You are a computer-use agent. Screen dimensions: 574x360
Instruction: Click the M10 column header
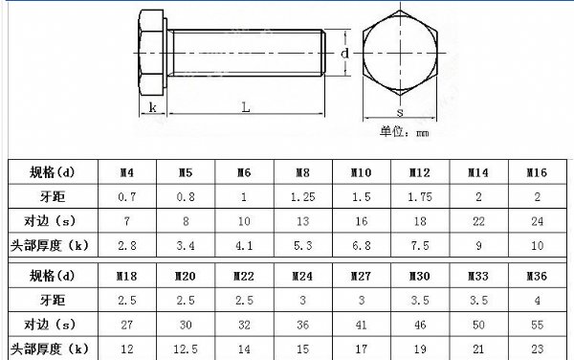click(x=362, y=172)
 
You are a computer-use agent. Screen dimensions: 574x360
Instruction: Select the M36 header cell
click(x=537, y=276)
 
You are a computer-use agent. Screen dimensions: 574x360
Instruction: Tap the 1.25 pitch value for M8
click(x=302, y=197)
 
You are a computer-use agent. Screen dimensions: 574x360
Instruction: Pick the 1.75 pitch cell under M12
click(x=420, y=197)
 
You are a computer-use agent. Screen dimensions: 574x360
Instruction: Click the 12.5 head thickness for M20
click(x=186, y=349)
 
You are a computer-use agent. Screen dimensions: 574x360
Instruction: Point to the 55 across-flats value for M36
click(x=537, y=325)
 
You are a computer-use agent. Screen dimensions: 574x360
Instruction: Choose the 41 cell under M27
click(x=362, y=325)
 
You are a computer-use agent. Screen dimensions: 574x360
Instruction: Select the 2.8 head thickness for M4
click(x=127, y=245)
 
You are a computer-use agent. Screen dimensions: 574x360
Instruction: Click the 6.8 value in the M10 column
click(x=362, y=245)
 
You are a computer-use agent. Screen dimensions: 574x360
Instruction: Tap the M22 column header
click(x=244, y=276)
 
